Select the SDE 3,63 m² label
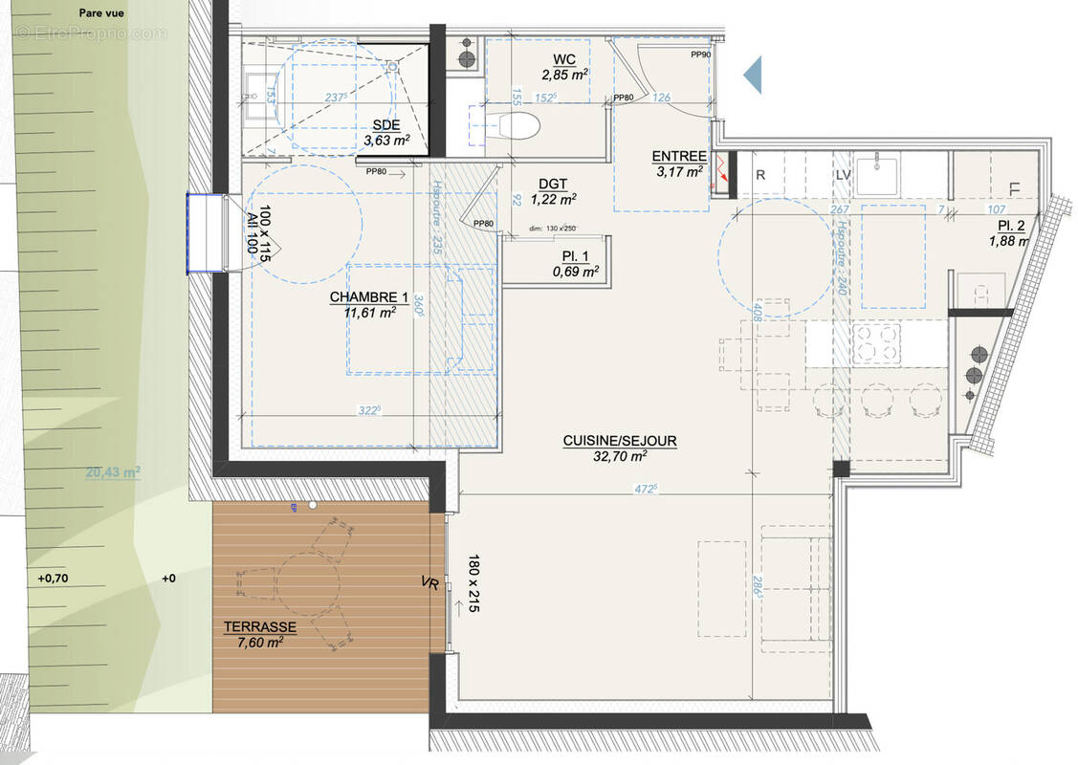(x=386, y=134)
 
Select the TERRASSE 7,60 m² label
(x=259, y=634)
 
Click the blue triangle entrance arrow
(x=754, y=74)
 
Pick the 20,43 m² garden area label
(x=113, y=471)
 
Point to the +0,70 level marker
(x=56, y=579)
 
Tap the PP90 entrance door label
(x=702, y=55)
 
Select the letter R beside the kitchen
(x=760, y=176)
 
